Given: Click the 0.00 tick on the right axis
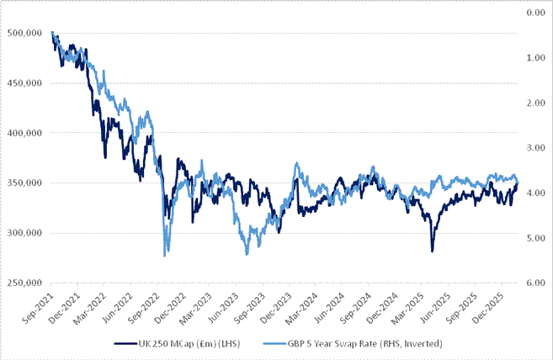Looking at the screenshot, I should pos(536,13).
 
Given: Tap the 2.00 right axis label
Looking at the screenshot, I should pos(536,103).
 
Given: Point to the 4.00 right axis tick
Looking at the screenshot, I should pos(536,193).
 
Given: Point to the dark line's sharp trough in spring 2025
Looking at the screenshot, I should pos(432,251).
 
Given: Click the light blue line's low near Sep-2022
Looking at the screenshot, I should pos(164,256).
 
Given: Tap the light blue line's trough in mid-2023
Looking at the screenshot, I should pos(246,254).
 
